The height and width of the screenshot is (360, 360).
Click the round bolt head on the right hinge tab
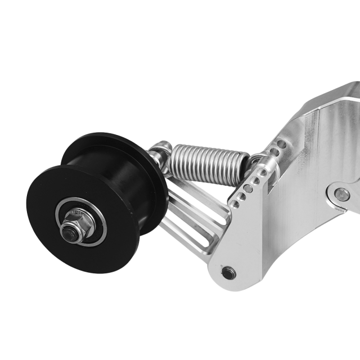coord(341,194)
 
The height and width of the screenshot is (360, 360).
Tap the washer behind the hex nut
coord(79,219)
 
